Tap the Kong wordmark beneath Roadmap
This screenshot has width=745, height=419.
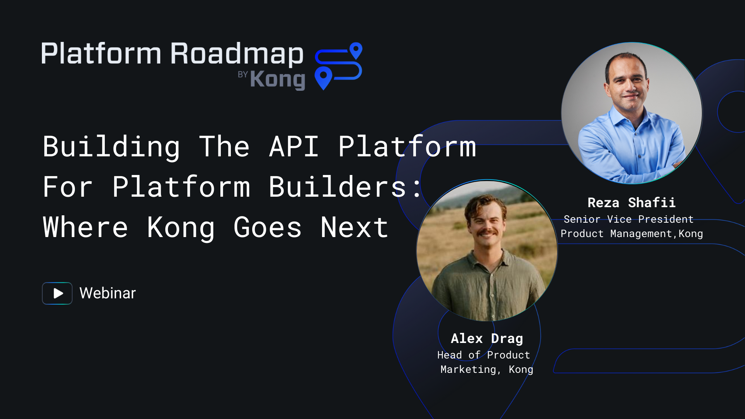pos(277,80)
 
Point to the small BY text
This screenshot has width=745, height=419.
pos(243,74)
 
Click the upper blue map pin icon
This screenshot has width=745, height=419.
pos(356,50)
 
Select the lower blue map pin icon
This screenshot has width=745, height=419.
pos(323,77)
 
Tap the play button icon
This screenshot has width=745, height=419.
pos(57,293)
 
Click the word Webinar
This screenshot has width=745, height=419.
pos(108,293)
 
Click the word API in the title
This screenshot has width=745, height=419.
pos(294,147)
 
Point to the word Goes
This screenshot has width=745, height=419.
pos(267,227)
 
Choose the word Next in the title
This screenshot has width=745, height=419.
pos(354,227)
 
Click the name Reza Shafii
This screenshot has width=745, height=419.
pos(631,203)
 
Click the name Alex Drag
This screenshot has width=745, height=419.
pos(487,338)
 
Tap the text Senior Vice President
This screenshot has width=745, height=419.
pos(629,219)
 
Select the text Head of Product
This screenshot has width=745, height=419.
pos(483,355)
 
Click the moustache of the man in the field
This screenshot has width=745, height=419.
pos(487,232)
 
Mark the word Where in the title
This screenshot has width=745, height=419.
pos(85,227)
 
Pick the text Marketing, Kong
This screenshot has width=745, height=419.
pos(487,369)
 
